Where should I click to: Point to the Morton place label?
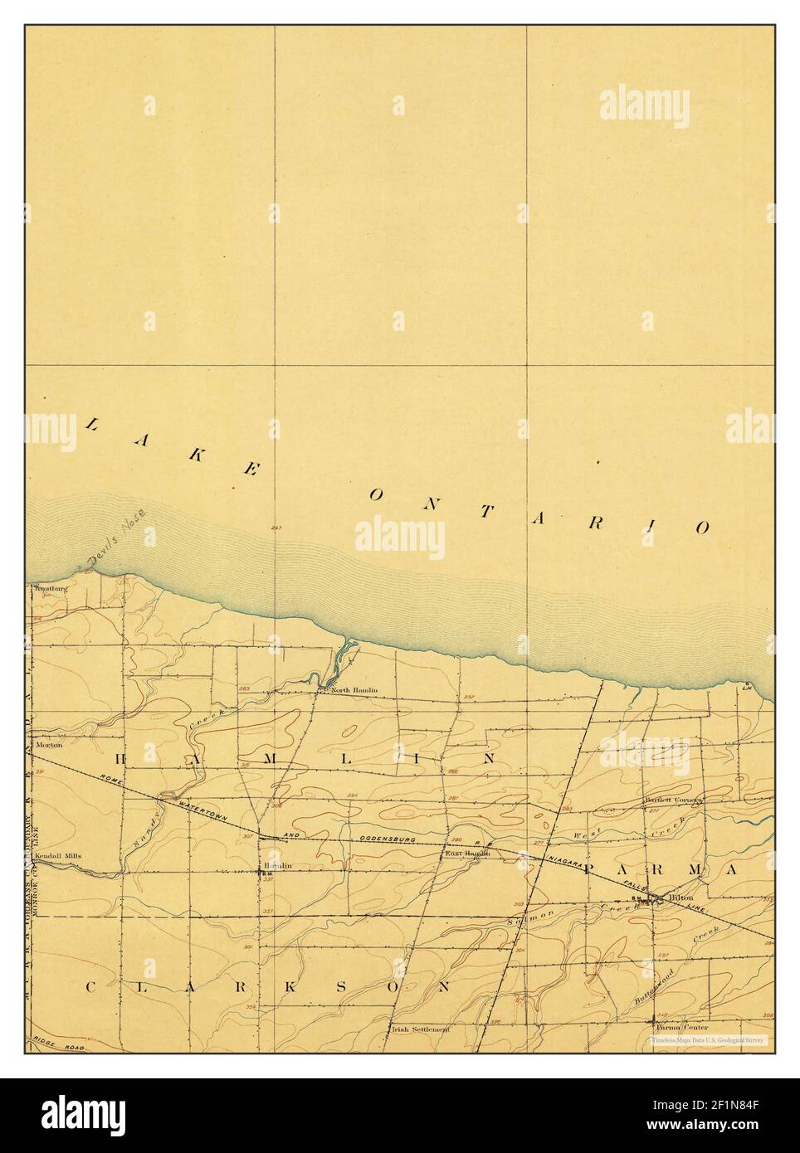(x=49, y=745)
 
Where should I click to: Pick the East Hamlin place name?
(x=467, y=854)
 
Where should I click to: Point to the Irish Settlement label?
(x=420, y=1029)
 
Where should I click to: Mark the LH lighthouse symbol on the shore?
(x=746, y=686)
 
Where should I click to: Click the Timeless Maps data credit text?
(x=708, y=1039)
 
